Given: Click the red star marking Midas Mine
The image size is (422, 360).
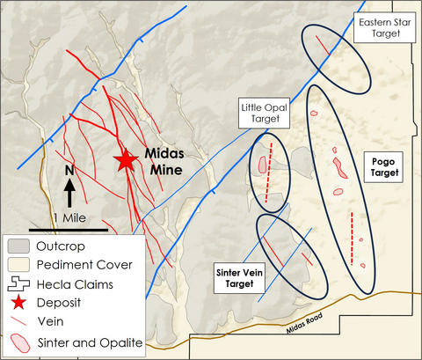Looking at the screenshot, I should coord(126,159).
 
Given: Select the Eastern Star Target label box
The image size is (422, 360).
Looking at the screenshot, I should coord(382,26).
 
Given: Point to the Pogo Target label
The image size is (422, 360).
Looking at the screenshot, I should coord(384,167).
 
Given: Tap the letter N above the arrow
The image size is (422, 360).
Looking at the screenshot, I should coord(69,169).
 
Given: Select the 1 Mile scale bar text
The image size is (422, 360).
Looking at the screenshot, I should coord(75,217).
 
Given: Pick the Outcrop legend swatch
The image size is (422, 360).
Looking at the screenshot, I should coord(18,246).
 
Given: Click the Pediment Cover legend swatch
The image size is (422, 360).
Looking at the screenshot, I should coord(18,265).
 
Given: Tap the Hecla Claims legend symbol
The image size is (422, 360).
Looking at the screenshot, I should coord(18,284).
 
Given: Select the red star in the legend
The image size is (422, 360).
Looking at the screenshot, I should coord(18,304).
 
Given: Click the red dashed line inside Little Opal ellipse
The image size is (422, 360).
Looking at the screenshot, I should coord(270,164).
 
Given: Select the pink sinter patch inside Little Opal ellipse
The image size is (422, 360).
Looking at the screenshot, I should coord(263,165).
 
